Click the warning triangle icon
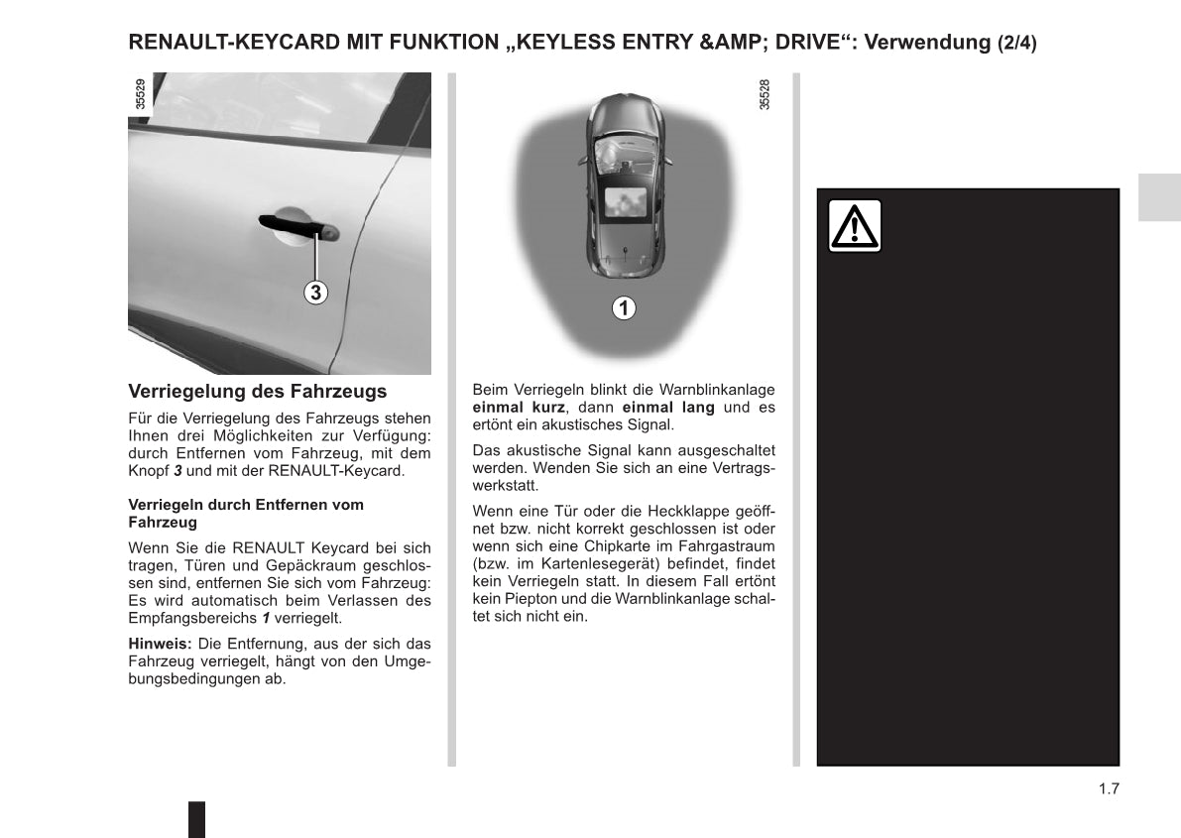click(x=855, y=226)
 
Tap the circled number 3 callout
click(x=315, y=293)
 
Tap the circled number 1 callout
click(x=623, y=308)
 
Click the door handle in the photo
click(x=296, y=228)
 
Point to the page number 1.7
click(x=1108, y=789)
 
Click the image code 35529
click(x=140, y=95)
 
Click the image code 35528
click(x=765, y=95)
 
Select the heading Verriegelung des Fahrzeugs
click(x=258, y=392)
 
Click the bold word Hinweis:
click(x=160, y=644)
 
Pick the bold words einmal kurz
click(x=519, y=408)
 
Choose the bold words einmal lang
click(x=667, y=408)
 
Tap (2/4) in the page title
click(x=1016, y=44)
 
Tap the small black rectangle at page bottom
click(x=196, y=819)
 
